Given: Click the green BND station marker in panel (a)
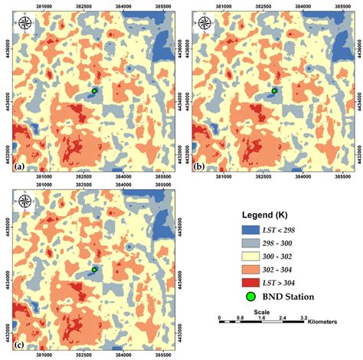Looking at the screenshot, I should coord(94,90).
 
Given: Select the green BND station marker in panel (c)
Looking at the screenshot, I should coord(93,270).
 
